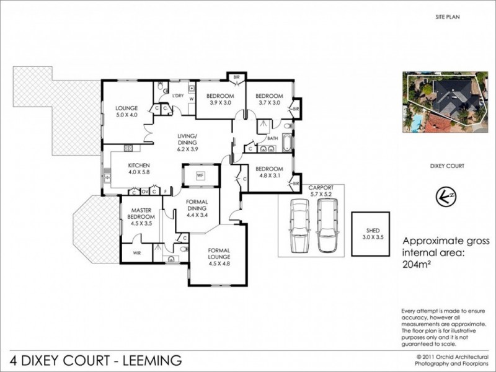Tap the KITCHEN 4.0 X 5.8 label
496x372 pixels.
[x=139, y=169]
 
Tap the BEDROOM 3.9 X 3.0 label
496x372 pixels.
[x=219, y=99]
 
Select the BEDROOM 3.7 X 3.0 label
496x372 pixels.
[x=269, y=99]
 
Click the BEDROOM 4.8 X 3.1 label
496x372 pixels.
[x=269, y=172]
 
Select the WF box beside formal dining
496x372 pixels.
[x=200, y=176]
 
